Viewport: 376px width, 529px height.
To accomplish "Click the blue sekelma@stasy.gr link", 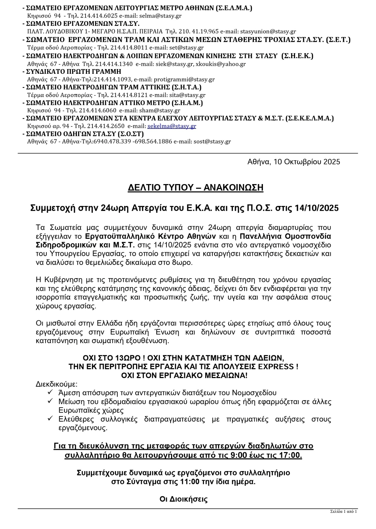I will [172, 126].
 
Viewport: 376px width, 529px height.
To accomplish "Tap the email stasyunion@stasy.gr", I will [268, 32].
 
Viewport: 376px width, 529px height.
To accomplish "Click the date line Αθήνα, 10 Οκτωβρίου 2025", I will [294, 162].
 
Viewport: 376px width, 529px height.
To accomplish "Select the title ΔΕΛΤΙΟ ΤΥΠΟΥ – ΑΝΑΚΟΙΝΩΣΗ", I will [196, 188].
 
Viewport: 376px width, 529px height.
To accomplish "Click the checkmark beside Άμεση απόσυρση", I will [50, 392].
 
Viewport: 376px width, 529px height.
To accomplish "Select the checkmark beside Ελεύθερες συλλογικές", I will [50, 418].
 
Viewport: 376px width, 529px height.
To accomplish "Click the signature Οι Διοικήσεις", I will [183, 499].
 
